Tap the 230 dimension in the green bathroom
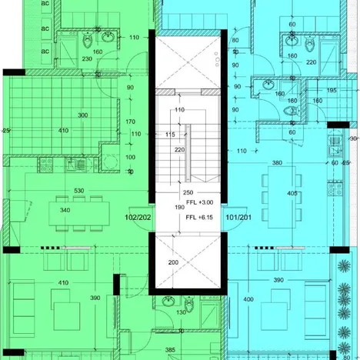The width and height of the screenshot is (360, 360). point(87,59)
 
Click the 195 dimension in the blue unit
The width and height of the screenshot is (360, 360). point(332,91)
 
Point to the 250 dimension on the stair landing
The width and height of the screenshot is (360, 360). point(187,193)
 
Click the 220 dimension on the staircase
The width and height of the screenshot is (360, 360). point(178,150)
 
